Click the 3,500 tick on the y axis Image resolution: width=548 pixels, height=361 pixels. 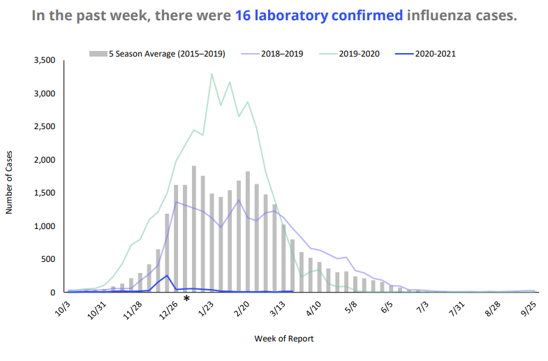44,61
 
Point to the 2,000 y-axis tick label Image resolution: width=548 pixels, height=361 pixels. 44,160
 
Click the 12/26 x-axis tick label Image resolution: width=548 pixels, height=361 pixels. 168,309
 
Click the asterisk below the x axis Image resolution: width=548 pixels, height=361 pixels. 186,300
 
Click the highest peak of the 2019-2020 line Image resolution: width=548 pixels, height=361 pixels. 212,74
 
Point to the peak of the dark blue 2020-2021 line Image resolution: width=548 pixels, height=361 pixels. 168,276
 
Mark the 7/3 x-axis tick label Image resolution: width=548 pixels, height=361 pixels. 420,309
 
